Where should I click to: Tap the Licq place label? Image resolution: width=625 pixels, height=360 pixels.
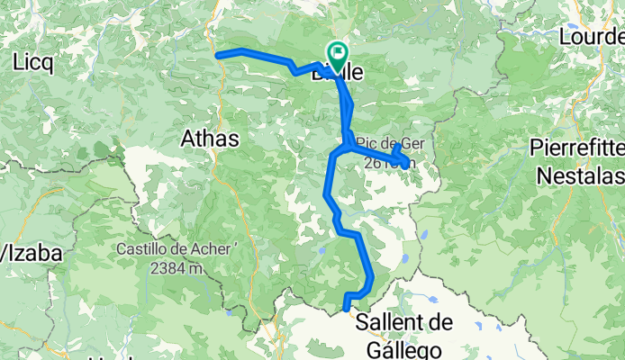pyautogui.click(x=33, y=62)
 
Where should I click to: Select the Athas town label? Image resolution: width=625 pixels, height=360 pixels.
pyautogui.click(x=210, y=139)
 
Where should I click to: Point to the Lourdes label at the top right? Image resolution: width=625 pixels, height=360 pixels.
pyautogui.click(x=592, y=38)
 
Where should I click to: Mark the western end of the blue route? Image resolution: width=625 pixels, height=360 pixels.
pyautogui.click(x=218, y=55)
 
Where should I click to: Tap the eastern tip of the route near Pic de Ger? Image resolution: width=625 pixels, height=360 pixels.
pyautogui.click(x=409, y=163)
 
